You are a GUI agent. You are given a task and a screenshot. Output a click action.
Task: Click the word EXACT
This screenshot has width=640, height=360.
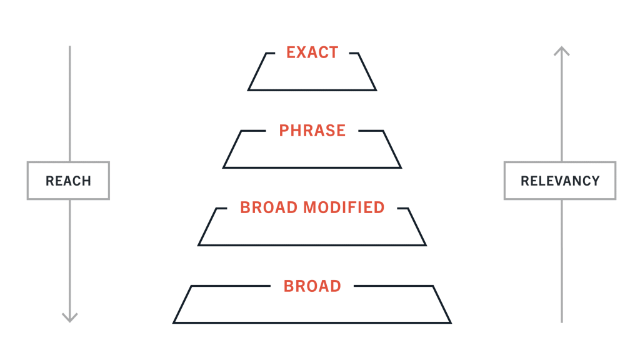click(312, 52)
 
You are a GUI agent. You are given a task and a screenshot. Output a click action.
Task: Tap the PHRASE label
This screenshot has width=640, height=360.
click(312, 131)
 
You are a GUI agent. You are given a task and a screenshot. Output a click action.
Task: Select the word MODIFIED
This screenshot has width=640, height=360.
click(344, 207)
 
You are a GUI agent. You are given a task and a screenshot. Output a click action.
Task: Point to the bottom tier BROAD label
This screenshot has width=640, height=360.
click(312, 286)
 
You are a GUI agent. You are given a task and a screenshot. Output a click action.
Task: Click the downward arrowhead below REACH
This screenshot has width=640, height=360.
click(70, 318)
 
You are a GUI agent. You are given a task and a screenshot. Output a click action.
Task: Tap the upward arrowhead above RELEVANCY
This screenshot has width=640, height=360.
click(562, 50)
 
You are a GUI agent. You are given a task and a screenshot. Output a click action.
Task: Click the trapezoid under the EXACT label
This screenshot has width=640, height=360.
click(312, 90)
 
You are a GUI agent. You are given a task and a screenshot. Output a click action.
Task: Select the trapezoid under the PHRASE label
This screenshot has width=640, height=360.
click(312, 167)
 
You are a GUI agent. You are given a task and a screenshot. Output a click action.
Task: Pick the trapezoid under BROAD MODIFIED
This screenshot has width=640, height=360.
click(312, 245)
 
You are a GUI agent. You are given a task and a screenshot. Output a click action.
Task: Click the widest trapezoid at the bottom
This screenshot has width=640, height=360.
click(312, 322)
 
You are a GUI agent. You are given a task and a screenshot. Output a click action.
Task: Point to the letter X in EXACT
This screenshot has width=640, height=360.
click(302, 52)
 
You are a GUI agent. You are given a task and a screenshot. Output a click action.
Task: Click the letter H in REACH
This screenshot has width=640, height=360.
click(86, 181)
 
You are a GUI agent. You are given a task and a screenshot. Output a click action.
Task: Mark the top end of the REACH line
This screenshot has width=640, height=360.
click(70, 46)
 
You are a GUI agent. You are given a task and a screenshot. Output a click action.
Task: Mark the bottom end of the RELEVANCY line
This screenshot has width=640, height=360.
click(562, 322)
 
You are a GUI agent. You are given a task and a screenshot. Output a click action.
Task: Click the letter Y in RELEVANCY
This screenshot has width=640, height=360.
click(595, 181)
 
